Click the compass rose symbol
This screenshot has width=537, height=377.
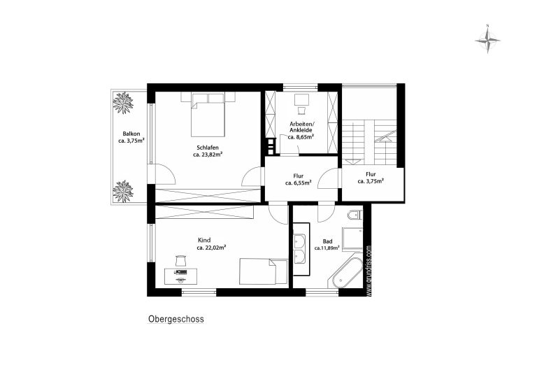(487, 40)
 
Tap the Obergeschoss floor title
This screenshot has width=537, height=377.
(176, 319)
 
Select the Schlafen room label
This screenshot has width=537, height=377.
(208, 148)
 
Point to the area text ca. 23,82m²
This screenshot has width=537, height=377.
(208, 155)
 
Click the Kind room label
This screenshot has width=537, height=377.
(204, 240)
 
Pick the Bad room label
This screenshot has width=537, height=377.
(327, 241)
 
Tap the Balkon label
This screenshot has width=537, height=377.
(131, 134)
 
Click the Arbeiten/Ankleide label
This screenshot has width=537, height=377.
(301, 127)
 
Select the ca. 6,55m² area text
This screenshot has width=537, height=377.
(299, 183)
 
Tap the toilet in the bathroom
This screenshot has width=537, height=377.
(355, 215)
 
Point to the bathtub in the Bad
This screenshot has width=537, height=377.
(347, 273)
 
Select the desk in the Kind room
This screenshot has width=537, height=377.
(180, 276)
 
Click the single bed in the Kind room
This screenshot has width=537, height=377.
(264, 271)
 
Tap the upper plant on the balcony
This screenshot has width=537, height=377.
(123, 102)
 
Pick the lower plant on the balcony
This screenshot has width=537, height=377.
(123, 191)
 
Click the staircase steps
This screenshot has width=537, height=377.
(370, 142)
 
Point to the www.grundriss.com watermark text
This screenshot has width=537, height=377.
(368, 270)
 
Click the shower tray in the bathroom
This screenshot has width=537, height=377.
(352, 238)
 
